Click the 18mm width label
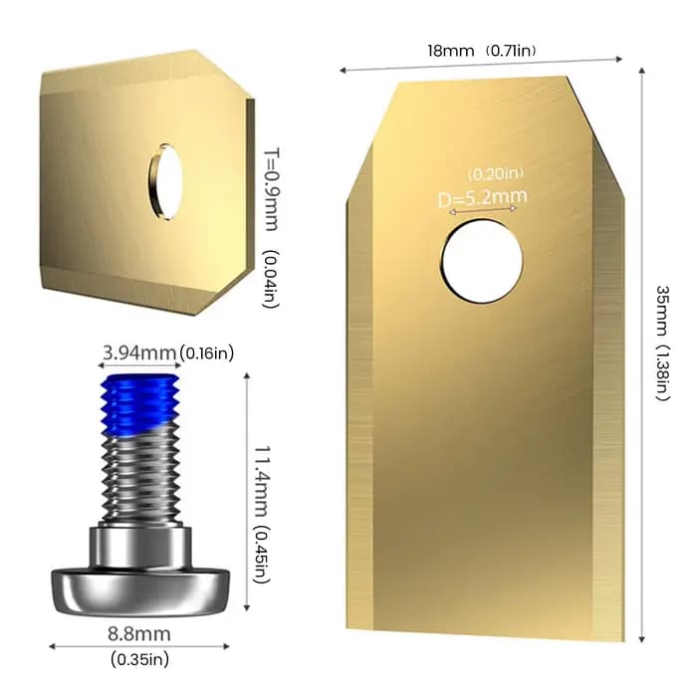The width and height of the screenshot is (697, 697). [x=451, y=50]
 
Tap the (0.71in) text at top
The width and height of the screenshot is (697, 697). [x=510, y=50]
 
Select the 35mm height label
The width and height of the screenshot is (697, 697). [x=661, y=311]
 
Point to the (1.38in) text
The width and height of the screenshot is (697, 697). [x=661, y=373]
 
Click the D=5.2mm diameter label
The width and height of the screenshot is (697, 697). [x=483, y=198]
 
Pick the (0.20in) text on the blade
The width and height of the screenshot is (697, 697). [x=496, y=173]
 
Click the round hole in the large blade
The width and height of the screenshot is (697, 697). [x=481, y=263]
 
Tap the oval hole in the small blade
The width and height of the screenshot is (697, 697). [x=165, y=182]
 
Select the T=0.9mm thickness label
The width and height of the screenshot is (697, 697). [x=272, y=190]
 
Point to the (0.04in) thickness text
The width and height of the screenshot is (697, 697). [x=271, y=279]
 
